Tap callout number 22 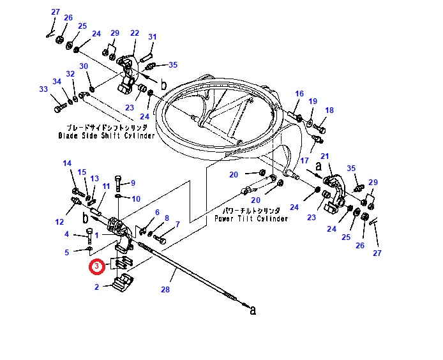135,33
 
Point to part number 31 152,37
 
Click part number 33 43,89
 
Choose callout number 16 299,94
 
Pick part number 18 329,110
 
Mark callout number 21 324,156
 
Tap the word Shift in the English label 119,136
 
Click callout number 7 177,224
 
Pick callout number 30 83,66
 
